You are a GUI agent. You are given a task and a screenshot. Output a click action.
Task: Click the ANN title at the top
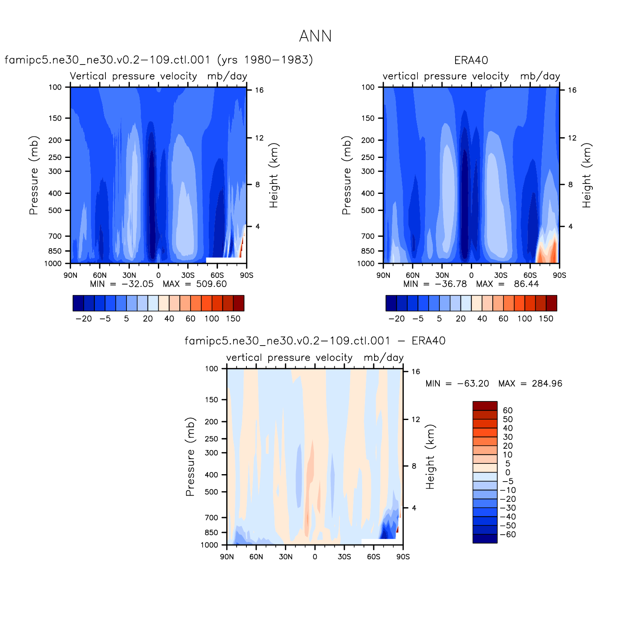pos(315,36)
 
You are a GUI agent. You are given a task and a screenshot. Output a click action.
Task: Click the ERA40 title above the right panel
pos(471,60)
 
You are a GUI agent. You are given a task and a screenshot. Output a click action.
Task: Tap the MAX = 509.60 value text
pos(195,284)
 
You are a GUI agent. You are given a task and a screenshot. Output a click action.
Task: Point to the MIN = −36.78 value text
pos(435,284)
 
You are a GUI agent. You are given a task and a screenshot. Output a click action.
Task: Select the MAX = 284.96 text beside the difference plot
pos(530,384)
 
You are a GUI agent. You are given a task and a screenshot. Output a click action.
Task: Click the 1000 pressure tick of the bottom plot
pos(209,545)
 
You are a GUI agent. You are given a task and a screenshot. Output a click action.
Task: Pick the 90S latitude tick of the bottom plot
pos(403,557)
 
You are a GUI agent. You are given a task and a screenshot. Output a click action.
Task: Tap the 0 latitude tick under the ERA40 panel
pos(471,275)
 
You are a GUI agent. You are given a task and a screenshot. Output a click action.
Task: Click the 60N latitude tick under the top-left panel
pos(100,275)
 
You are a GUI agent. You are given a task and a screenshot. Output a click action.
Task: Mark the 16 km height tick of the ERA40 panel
pos(572,90)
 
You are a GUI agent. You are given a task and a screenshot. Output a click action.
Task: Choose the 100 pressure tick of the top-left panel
pos(55,87)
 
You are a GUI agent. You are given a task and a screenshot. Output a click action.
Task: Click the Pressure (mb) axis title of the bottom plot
pos(190,457)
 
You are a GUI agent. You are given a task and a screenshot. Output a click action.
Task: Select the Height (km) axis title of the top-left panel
pos(274,175)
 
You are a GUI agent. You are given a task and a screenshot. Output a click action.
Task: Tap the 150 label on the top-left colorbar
pos(233,319)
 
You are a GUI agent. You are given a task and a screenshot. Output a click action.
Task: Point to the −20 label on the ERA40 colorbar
pos(396,319)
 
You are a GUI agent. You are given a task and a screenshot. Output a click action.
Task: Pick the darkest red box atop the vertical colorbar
pos(485,406)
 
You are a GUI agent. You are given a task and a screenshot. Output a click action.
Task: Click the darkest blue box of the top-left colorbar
pos(78,303)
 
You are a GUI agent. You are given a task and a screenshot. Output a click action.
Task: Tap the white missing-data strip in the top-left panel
pos(222,260)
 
